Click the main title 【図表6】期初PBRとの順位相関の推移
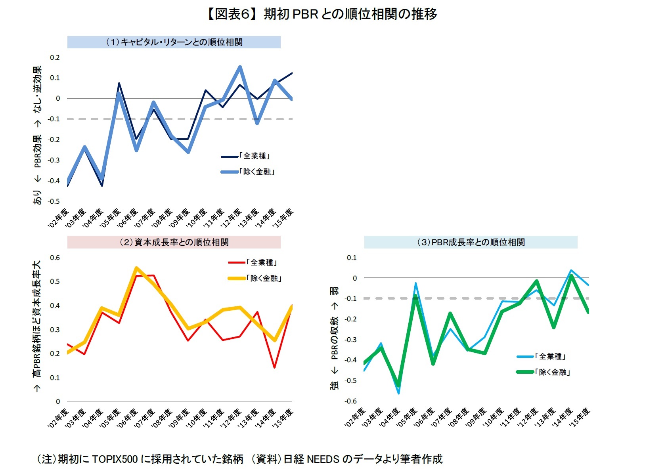click(x=322, y=14)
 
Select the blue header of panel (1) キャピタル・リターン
click(x=174, y=42)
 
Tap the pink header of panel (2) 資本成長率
click(x=174, y=242)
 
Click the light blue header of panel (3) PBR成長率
click(x=471, y=242)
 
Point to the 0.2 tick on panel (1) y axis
click(x=55, y=57)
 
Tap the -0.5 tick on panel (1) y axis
click(x=54, y=201)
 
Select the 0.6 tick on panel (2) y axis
click(x=55, y=258)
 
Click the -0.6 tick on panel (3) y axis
click(x=351, y=401)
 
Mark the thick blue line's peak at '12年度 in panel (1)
click(x=240, y=67)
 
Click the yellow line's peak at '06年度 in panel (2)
click(x=136, y=268)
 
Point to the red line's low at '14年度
click(x=274, y=367)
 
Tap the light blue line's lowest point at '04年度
click(x=398, y=393)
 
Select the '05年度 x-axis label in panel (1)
click(x=111, y=218)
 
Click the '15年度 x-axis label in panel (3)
click(x=580, y=417)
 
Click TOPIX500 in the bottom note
click(x=115, y=459)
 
